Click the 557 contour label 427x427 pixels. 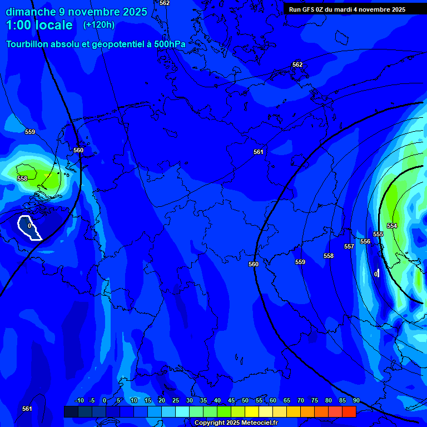[349, 246]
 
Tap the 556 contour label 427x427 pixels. [365, 241]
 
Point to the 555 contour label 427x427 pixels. [378, 234]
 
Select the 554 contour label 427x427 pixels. [392, 226]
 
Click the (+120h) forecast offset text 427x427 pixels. [99, 25]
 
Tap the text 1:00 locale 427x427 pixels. [39, 25]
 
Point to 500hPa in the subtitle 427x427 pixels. [169, 44]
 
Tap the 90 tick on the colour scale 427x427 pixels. [356, 400]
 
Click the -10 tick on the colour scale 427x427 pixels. [79, 400]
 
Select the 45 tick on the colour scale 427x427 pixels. [231, 400]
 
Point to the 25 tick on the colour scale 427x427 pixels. [175, 400]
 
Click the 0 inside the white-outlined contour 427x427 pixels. [29, 226]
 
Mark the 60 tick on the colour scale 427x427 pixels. [272, 400]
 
